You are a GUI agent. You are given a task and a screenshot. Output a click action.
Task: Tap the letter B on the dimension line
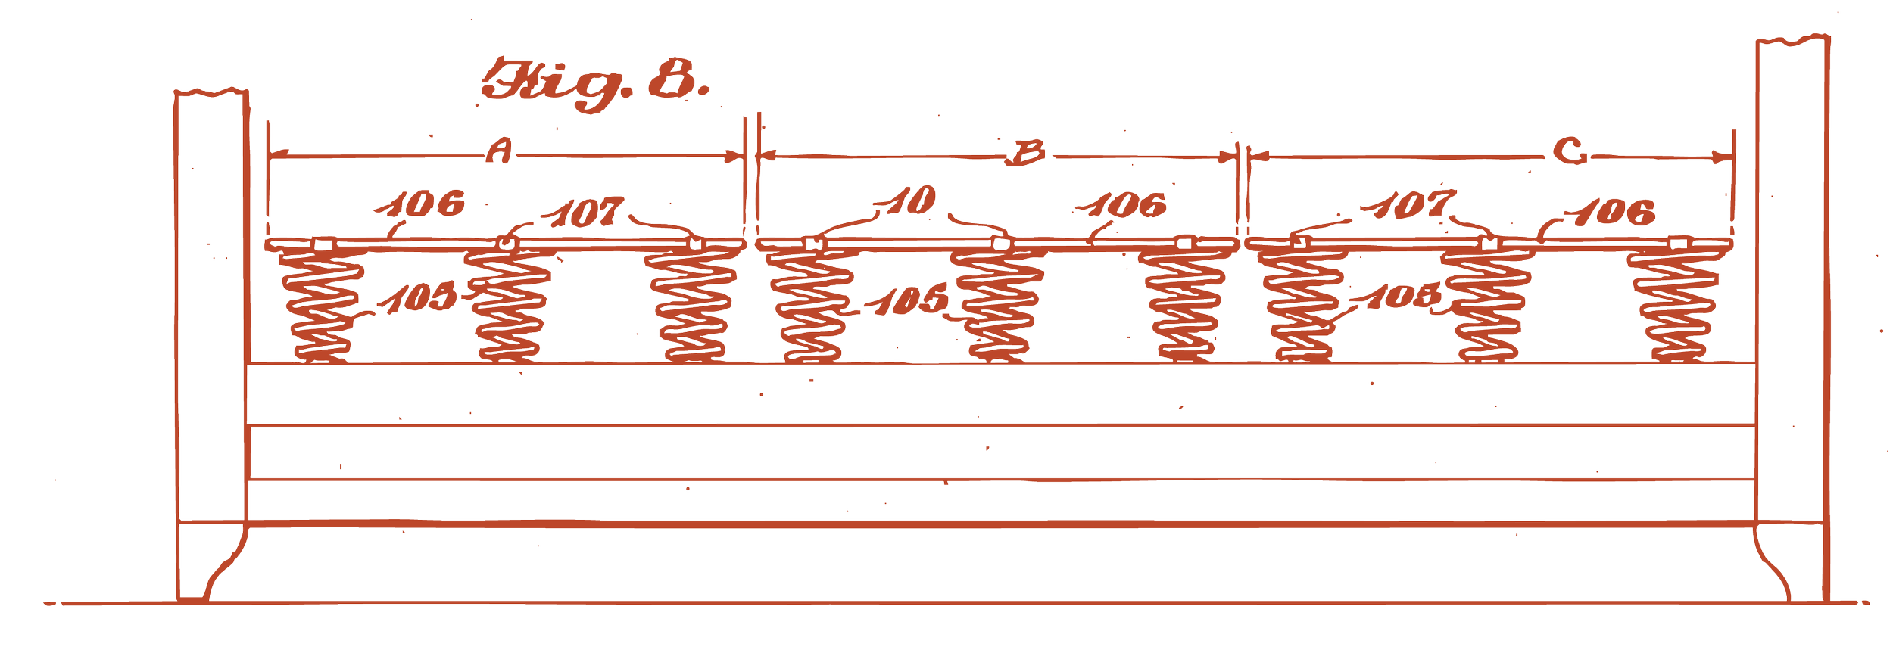click(1026, 154)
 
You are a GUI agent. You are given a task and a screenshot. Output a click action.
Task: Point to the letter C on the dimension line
click(1570, 152)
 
